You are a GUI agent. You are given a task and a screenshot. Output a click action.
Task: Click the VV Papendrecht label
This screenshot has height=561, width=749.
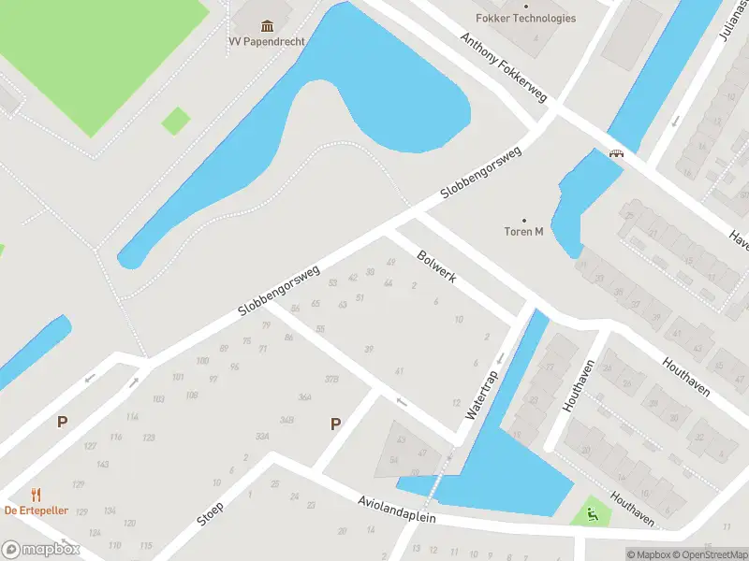click(259, 40)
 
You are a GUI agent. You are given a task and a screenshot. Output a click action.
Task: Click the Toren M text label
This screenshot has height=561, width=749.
click(524, 232)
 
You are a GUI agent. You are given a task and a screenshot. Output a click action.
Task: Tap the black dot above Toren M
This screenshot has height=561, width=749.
click(524, 220)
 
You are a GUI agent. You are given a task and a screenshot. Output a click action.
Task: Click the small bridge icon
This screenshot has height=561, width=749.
click(616, 154)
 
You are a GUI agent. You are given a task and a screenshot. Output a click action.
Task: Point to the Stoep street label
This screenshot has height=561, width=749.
click(211, 513)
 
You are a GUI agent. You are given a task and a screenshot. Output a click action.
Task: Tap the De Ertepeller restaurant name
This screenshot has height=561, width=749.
click(37, 510)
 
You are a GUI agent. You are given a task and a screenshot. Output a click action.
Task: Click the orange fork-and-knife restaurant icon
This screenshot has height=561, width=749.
click(37, 495)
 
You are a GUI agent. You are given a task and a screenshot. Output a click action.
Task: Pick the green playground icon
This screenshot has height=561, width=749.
click(591, 511)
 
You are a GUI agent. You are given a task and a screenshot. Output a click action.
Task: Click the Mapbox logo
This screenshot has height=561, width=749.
click(40, 550)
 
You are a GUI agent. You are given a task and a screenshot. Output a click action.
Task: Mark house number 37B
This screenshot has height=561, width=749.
click(330, 379)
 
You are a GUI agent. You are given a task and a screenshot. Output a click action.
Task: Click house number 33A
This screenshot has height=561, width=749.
click(262, 436)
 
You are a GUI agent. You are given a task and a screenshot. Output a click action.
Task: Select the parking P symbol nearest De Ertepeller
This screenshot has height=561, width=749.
click(62, 422)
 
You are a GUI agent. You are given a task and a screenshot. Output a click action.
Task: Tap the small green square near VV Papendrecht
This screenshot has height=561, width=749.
click(175, 121)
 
